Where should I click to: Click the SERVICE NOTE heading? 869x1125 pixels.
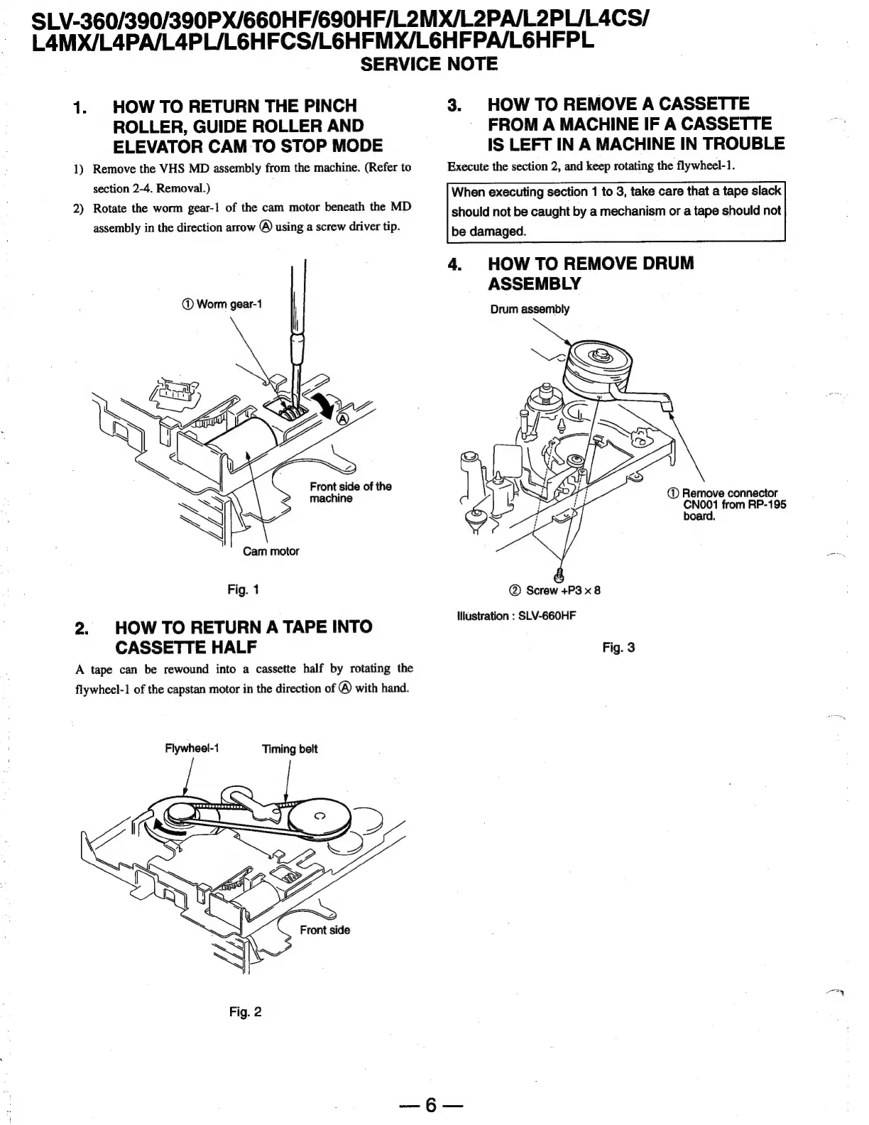click(429, 65)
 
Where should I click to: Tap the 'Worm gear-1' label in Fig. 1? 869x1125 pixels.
click(222, 304)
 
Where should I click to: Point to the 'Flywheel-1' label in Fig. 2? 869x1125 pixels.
click(192, 749)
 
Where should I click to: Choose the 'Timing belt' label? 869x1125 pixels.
click(290, 749)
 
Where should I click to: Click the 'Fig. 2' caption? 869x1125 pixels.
click(245, 1011)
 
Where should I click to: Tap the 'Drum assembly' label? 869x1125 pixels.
click(530, 309)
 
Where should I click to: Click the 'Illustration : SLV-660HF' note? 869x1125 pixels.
click(516, 616)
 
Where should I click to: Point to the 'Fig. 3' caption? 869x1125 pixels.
click(618, 647)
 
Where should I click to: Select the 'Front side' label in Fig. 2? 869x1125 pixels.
click(324, 930)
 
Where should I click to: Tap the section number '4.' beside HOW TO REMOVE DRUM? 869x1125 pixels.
click(454, 264)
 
